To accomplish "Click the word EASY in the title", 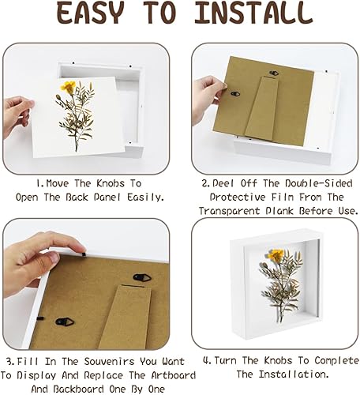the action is (x=91, y=13).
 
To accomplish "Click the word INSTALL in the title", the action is (x=254, y=13).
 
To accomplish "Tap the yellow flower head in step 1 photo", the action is (x=68, y=86).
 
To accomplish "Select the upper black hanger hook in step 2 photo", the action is (x=274, y=73).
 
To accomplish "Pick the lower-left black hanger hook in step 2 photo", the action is (x=235, y=94).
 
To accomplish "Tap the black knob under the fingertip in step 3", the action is (x=84, y=254).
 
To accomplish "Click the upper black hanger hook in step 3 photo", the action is (x=142, y=277).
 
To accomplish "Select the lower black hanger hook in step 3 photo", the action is (x=65, y=322).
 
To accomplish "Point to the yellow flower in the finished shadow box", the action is (x=276, y=255).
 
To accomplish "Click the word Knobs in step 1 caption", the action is (x=111, y=183).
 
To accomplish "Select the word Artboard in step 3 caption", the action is (x=173, y=375).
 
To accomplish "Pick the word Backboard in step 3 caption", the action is (x=78, y=389).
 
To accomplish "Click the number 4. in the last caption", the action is (x=208, y=360).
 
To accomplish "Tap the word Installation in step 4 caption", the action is (x=294, y=374).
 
